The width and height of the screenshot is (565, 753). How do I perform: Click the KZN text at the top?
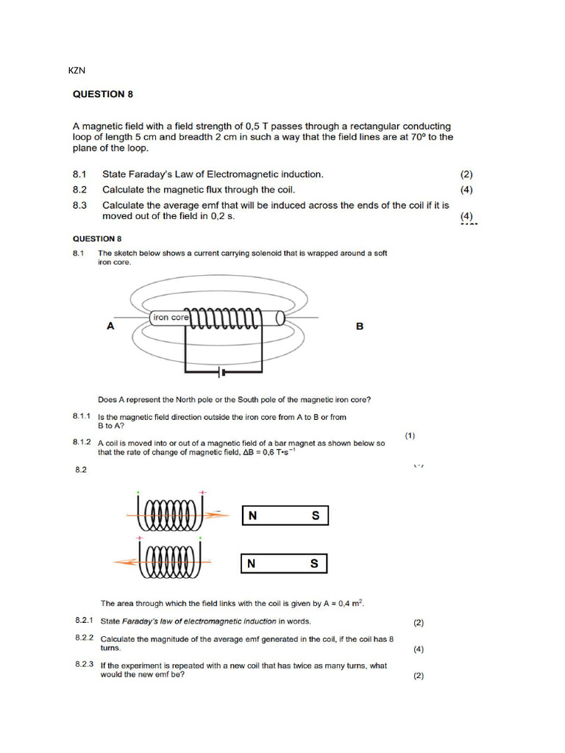tap(77, 71)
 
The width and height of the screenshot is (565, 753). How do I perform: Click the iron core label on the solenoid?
tap(171, 318)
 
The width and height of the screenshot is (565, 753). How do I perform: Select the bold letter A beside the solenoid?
tap(110, 326)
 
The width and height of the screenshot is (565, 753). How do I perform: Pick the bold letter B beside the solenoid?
tap(360, 326)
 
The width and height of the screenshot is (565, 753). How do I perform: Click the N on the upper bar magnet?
tap(252, 516)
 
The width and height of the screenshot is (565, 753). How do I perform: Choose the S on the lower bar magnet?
tap(314, 564)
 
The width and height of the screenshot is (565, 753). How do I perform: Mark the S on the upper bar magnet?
tap(316, 516)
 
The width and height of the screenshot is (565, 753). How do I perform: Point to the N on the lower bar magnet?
tap(252, 564)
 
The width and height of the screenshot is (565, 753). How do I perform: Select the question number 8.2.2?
tap(85, 638)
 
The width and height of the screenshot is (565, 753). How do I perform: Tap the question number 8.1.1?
tap(82, 416)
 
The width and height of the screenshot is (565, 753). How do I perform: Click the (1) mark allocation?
tap(410, 435)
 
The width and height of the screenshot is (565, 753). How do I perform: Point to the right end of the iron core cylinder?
tap(281, 318)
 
